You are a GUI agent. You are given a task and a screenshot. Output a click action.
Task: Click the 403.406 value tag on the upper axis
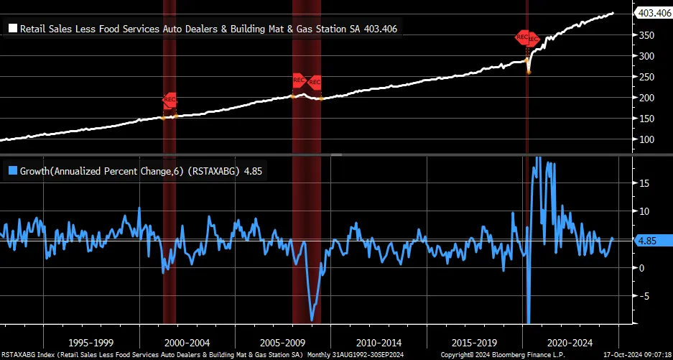tap(652, 11)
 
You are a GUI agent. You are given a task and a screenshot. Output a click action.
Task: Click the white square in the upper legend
tap(12, 29)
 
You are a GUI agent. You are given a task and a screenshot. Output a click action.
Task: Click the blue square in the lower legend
tap(12, 171)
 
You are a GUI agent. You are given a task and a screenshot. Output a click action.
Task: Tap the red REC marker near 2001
tap(170, 99)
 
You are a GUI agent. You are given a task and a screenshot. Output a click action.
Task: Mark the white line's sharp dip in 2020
tap(529, 71)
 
